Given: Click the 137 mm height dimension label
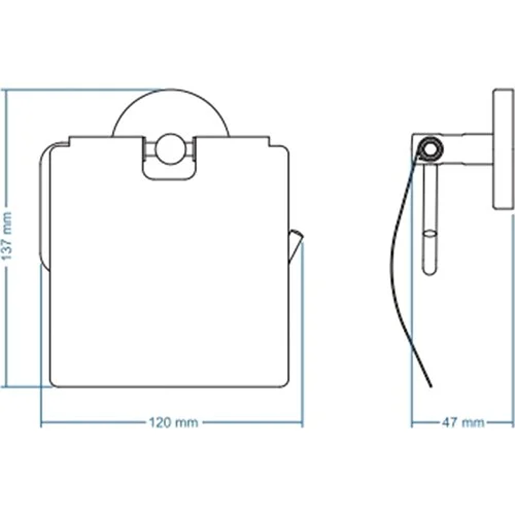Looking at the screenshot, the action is click(7, 236).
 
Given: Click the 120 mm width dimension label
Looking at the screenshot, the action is click(174, 422).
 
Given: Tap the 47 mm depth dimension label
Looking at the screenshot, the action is click(463, 422).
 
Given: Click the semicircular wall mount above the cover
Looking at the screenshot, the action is click(170, 89).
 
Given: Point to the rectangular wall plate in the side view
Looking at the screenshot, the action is click(503, 149).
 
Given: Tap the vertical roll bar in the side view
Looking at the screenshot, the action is click(429, 218).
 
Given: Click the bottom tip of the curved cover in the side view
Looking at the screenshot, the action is click(431, 387).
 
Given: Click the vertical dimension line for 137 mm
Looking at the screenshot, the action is click(5, 238).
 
